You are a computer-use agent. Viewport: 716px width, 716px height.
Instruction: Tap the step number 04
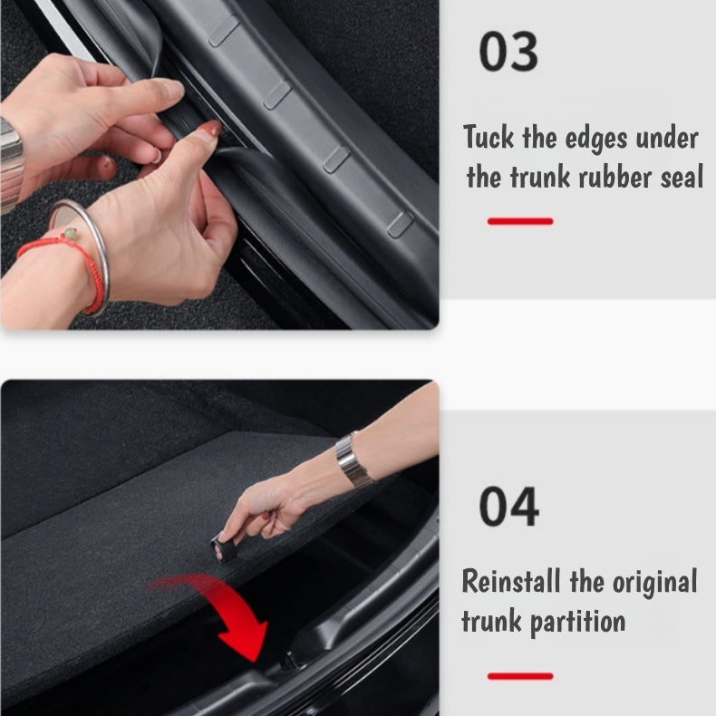(508, 507)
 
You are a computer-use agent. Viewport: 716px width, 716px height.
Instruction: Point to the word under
(667, 139)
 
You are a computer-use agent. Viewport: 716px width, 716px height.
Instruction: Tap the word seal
(681, 177)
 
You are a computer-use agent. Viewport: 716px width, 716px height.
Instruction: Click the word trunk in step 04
(489, 622)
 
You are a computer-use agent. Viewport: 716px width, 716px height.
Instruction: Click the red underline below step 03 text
(519, 221)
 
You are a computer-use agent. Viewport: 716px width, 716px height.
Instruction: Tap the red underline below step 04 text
(519, 676)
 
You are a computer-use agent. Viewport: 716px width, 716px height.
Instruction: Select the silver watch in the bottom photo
(353, 460)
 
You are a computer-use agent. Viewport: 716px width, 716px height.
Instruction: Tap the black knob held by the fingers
(223, 547)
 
